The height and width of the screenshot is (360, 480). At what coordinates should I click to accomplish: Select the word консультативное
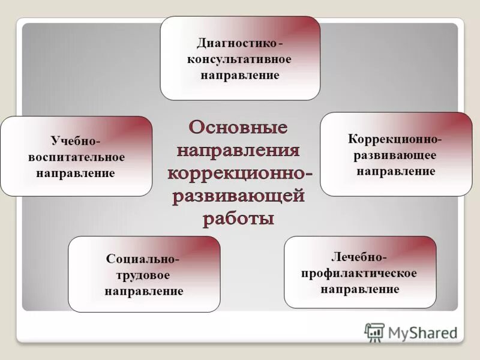pyautogui.click(x=239, y=59)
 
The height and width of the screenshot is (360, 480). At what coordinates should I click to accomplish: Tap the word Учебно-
pyautogui.click(x=76, y=141)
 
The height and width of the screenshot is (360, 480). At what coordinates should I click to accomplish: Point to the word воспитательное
pyautogui.click(x=76, y=157)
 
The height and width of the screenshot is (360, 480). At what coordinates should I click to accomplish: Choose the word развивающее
pyautogui.click(x=395, y=155)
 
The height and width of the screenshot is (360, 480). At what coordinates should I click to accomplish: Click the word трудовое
pyautogui.click(x=143, y=276)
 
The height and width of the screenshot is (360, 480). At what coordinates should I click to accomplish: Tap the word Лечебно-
pyautogui.click(x=359, y=257)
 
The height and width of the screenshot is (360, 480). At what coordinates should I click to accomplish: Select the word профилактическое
pyautogui.click(x=360, y=273)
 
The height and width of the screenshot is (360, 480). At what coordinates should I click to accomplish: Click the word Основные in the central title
pyautogui.click(x=239, y=128)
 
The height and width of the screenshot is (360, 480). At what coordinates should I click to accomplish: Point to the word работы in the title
pyautogui.click(x=239, y=218)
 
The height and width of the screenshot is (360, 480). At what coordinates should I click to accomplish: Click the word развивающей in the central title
pyautogui.click(x=239, y=196)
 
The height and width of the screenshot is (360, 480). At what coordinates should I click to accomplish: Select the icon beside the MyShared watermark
pyautogui.click(x=374, y=332)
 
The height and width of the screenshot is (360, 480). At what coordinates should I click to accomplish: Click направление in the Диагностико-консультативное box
pyautogui.click(x=239, y=76)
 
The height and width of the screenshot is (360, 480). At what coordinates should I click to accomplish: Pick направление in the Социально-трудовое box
pyautogui.click(x=144, y=292)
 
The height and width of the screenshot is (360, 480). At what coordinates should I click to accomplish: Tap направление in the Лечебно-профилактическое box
pyautogui.click(x=360, y=289)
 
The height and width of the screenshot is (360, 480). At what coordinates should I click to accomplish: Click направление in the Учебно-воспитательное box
pyautogui.click(x=76, y=173)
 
